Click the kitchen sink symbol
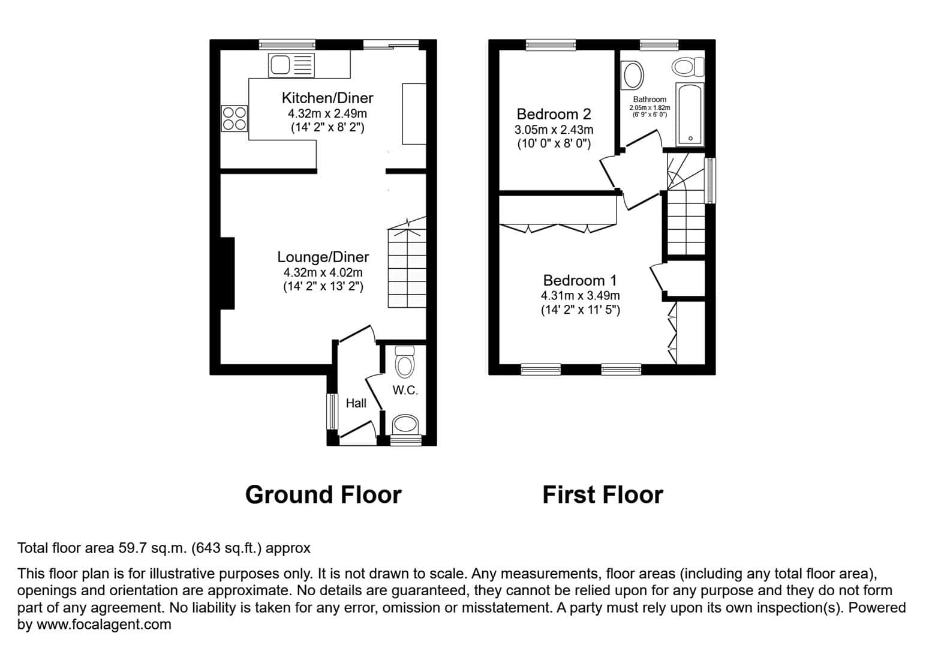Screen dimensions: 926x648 click(x=291, y=65)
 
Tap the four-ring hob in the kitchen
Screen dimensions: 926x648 click(x=234, y=119)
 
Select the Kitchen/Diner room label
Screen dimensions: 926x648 click(x=327, y=98)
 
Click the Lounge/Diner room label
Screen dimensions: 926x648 click(x=323, y=257)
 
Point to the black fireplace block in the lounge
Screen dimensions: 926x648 click(x=227, y=274)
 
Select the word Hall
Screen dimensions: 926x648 click(x=356, y=403)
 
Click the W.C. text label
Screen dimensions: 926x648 click(x=405, y=390)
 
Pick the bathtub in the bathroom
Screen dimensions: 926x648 click(x=690, y=114)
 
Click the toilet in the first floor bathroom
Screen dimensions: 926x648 click(x=687, y=67)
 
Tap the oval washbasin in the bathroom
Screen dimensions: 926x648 click(x=633, y=75)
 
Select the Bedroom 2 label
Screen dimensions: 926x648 click(x=554, y=114)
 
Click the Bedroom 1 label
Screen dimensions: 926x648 click(x=579, y=280)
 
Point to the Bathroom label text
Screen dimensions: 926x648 click(x=650, y=99)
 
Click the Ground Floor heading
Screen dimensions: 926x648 click(x=323, y=495)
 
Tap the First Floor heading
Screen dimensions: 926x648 click(x=603, y=495)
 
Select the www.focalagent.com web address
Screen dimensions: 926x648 click(x=104, y=625)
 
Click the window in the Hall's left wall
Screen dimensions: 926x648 click(x=332, y=412)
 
